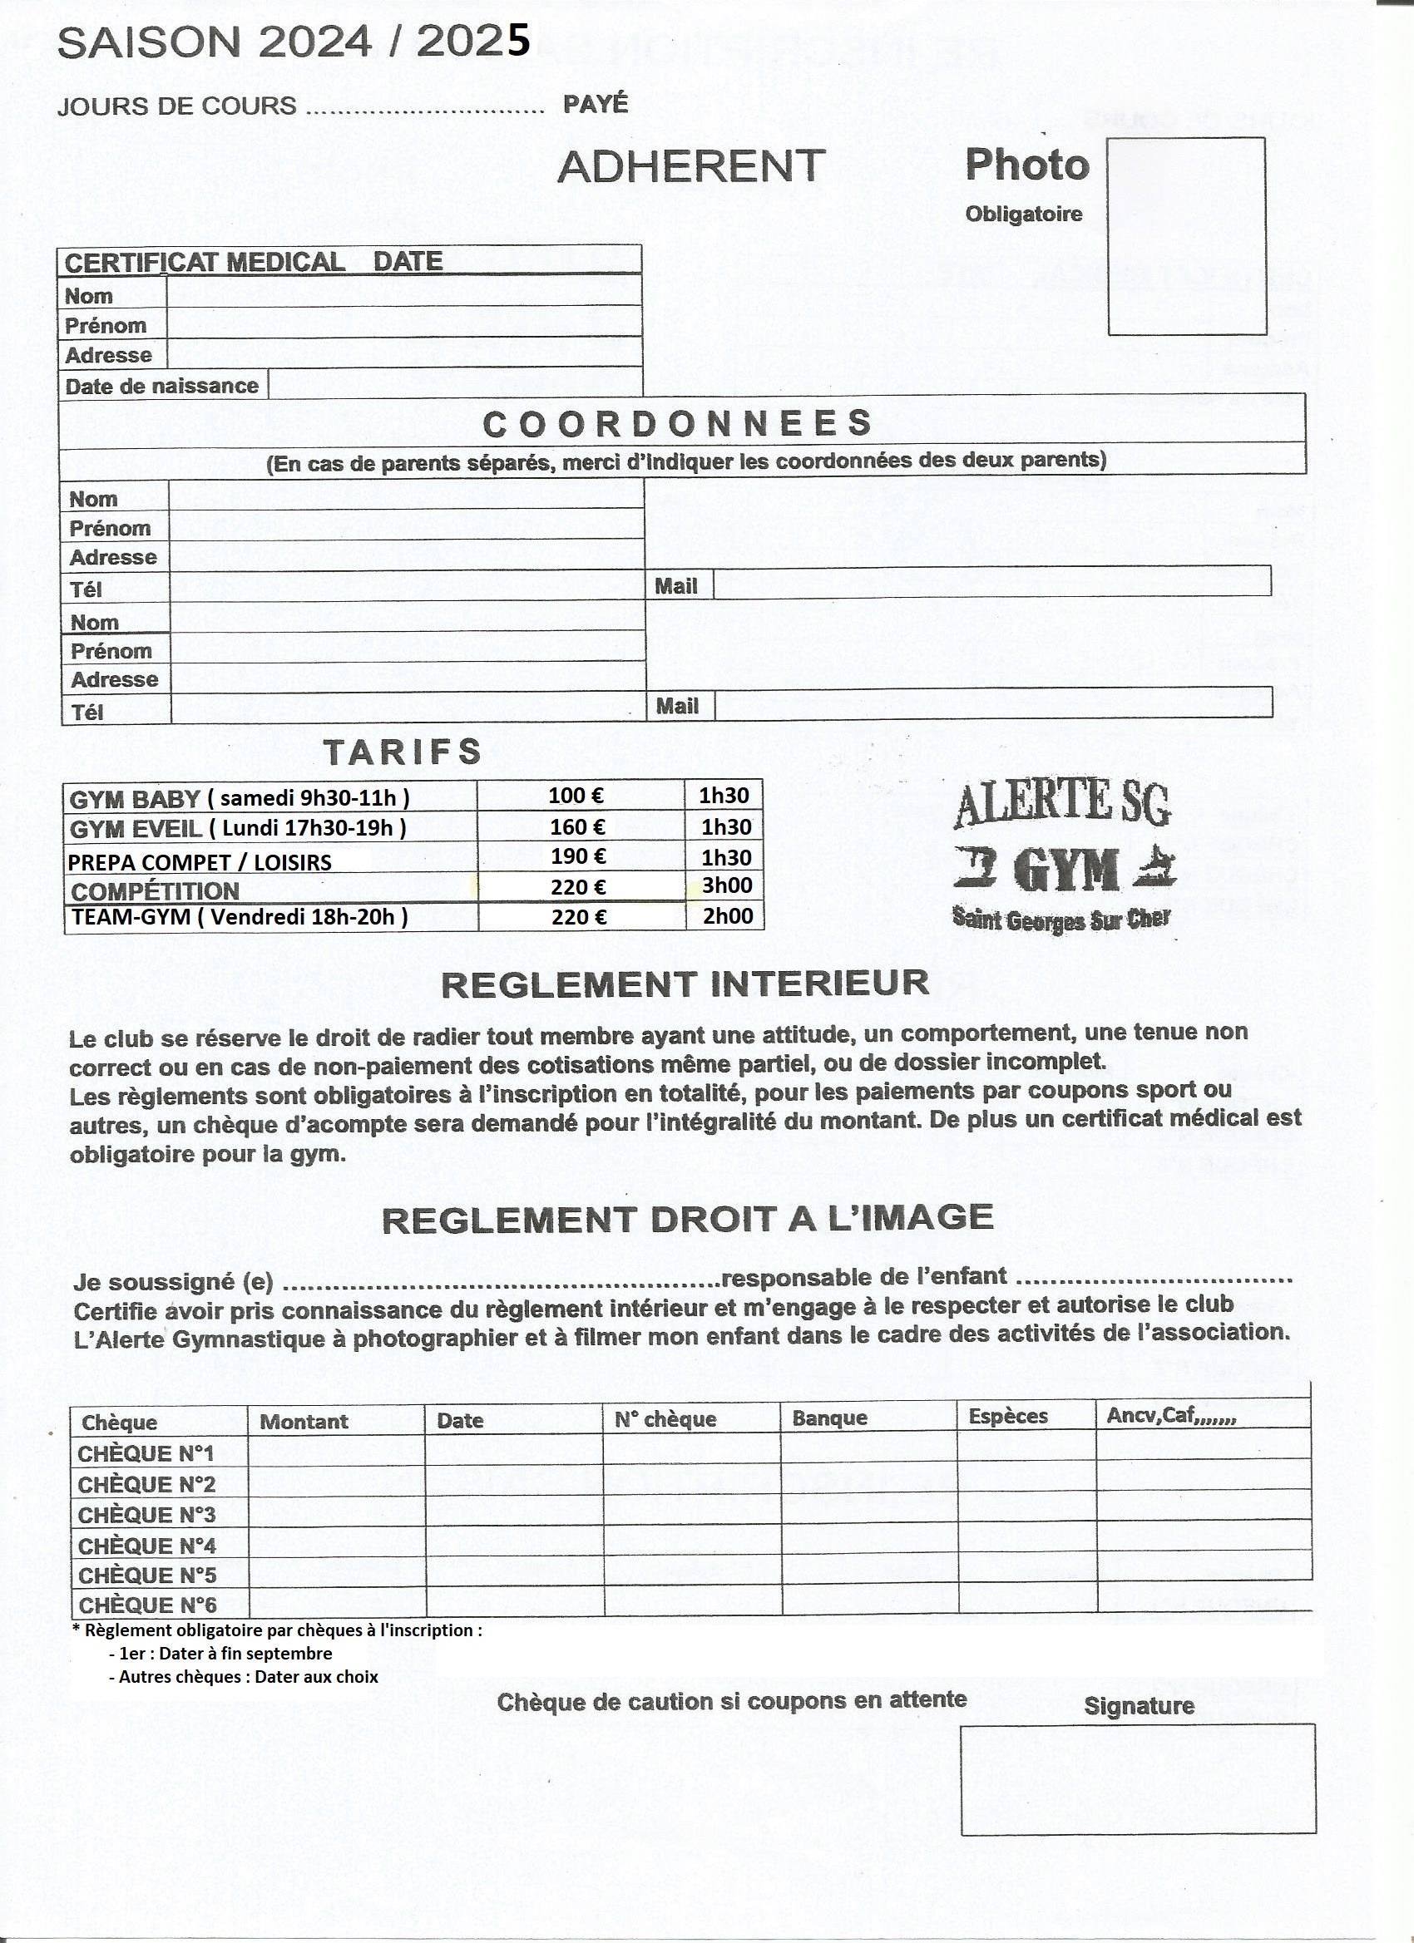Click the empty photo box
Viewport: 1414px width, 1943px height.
(x=1187, y=235)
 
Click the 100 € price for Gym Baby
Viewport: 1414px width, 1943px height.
(x=576, y=796)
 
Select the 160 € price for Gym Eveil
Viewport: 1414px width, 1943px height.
(x=577, y=826)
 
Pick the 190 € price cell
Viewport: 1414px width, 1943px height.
(x=578, y=856)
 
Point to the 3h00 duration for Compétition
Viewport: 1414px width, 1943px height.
(x=727, y=885)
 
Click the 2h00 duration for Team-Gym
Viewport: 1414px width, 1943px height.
(x=728, y=916)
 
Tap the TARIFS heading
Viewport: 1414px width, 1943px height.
(x=402, y=752)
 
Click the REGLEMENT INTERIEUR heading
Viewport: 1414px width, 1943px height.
(x=685, y=984)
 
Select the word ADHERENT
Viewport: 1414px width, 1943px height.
(x=690, y=166)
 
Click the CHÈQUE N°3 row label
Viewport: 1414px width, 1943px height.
(x=146, y=1515)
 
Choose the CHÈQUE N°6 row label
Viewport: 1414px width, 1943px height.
(x=147, y=1605)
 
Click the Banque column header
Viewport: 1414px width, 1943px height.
(x=829, y=1418)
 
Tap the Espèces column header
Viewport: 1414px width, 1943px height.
(x=1008, y=1416)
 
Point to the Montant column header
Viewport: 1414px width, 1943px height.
(x=304, y=1421)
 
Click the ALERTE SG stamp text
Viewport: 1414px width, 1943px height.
(x=1062, y=804)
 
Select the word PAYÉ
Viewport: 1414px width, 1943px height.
(x=596, y=105)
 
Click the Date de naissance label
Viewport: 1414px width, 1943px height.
(x=162, y=387)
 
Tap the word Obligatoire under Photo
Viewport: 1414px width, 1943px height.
(x=1023, y=215)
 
